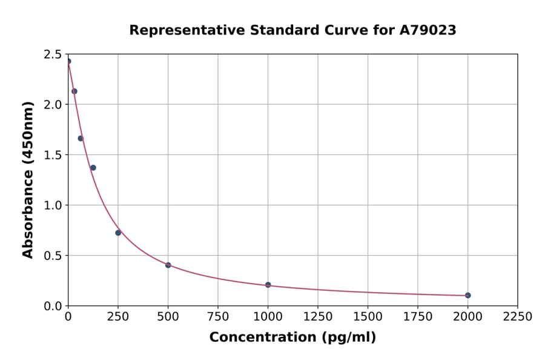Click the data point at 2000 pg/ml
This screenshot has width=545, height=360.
pos(467,295)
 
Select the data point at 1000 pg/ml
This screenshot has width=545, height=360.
pos(268,285)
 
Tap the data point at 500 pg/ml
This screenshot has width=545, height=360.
pos(168,265)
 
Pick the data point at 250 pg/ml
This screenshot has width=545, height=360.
pos(118,233)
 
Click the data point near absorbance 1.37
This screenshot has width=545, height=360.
pos(93,168)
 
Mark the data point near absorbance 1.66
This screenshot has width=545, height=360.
pos(81,138)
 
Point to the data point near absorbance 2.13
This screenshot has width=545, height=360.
pos(74,92)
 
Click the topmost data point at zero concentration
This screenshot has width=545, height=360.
pos(68,61)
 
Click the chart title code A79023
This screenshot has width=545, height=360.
pos(427,30)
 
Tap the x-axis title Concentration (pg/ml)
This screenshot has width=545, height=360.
pos(292,338)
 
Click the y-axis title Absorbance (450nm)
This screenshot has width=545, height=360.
pos(28,179)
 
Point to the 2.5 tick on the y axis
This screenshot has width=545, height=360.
pos(53,55)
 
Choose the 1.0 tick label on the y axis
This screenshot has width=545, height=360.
pos(53,205)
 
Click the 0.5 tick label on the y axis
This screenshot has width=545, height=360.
pos(53,256)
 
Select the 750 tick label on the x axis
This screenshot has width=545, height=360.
pos(218,317)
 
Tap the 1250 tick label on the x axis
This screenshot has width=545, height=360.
pos(318,317)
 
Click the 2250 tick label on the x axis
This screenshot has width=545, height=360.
pos(518,317)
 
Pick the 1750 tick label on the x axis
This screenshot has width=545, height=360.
pos(418,317)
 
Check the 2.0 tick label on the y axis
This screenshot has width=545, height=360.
pos(53,105)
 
